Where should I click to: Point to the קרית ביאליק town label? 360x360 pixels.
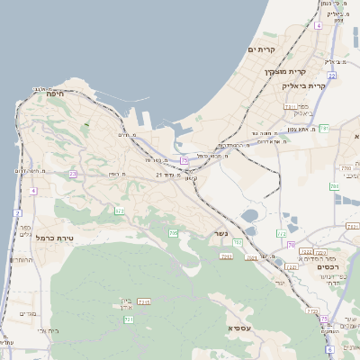(x=306, y=85)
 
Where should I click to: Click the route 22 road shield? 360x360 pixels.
(x=332, y=76)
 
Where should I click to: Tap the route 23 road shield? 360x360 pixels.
(x=72, y=174)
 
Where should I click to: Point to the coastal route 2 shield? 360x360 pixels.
(x=17, y=212)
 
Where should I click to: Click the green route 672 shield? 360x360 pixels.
(x=119, y=211)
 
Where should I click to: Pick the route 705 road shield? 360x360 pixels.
(x=173, y=233)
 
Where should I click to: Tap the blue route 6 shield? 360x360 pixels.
(x=329, y=348)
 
